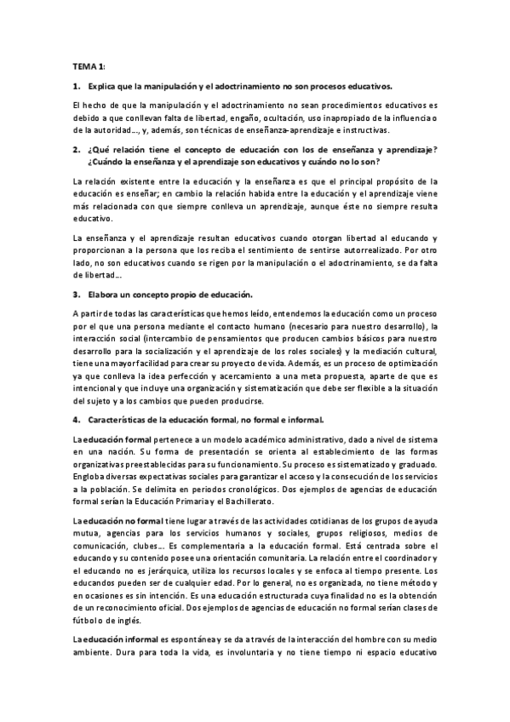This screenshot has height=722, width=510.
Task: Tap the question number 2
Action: (x=77, y=149)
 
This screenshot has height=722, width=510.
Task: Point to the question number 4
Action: (x=77, y=419)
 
